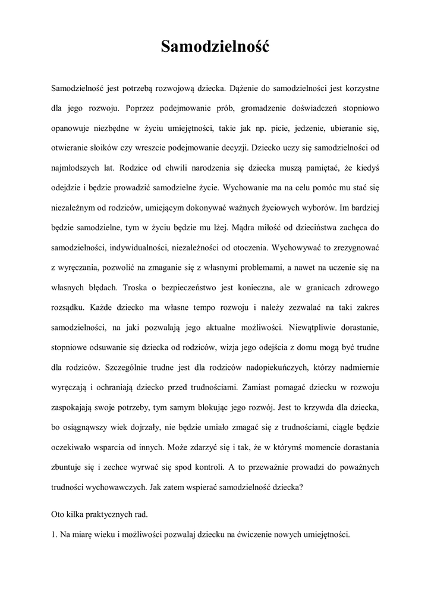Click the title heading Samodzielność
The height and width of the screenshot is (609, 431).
point(215,46)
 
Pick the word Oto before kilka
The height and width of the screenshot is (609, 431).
point(58,513)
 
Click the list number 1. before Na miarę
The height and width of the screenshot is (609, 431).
point(55,533)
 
